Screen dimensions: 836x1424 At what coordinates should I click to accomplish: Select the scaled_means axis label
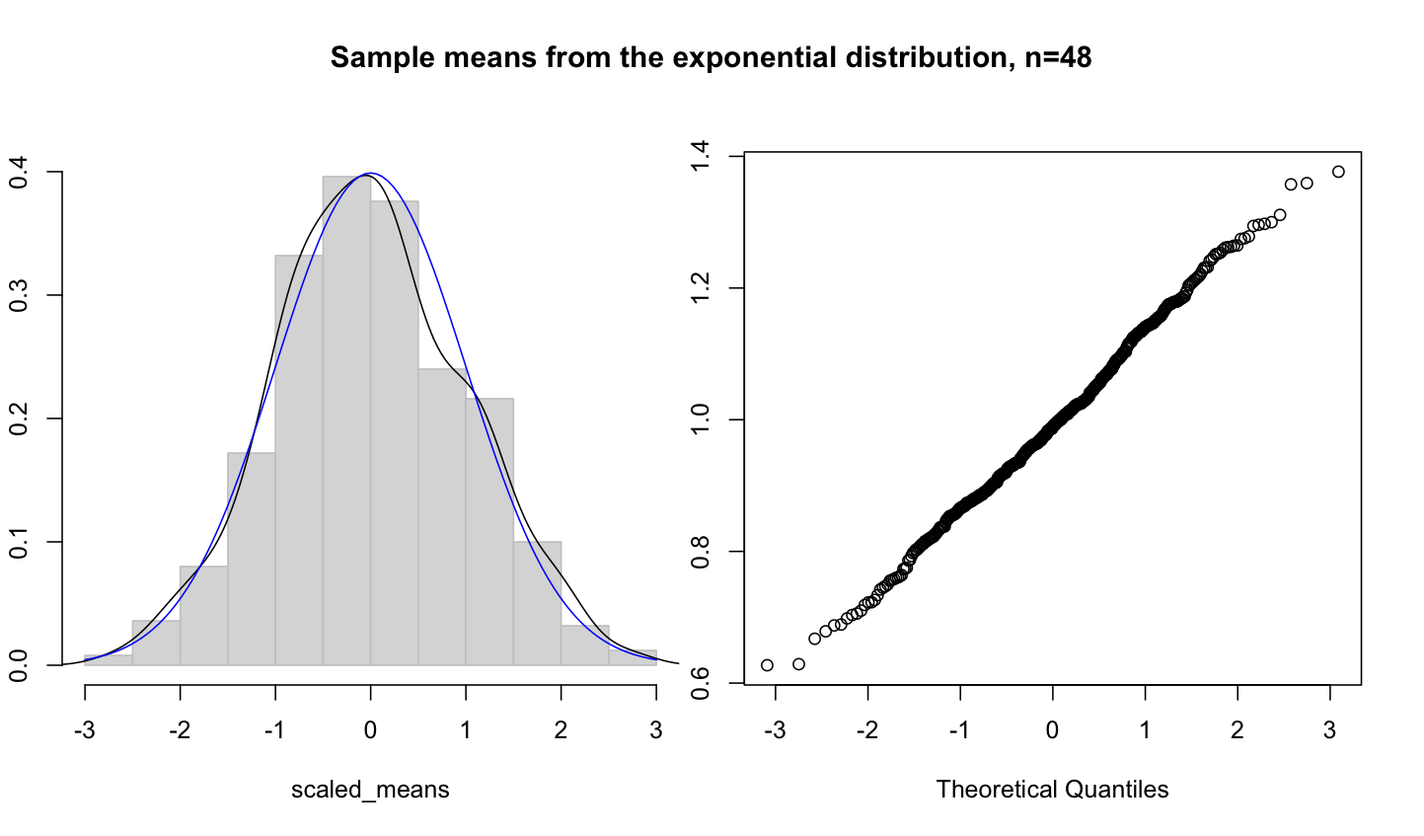coord(370,790)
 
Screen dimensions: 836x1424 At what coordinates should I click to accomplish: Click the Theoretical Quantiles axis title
coord(1052,790)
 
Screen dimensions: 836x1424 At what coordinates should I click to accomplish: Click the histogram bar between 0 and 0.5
coord(394,434)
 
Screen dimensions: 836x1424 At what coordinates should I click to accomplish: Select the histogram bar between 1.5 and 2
coord(537,602)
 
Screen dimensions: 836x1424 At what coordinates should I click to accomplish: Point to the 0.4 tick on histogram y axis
coord(19,172)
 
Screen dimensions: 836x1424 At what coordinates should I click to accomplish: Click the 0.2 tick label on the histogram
coord(19,418)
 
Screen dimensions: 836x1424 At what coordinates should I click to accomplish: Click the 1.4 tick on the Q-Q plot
coord(701,156)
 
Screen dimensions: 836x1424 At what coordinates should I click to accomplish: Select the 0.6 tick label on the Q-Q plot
coord(701,682)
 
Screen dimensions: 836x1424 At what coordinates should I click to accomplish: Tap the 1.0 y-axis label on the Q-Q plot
coord(701,419)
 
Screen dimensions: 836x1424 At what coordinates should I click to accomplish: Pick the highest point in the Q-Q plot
coord(1338,172)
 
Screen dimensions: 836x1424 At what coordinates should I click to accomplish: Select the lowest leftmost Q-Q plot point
coord(767,665)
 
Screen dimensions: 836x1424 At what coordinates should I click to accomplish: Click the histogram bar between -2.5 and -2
coord(156,643)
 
